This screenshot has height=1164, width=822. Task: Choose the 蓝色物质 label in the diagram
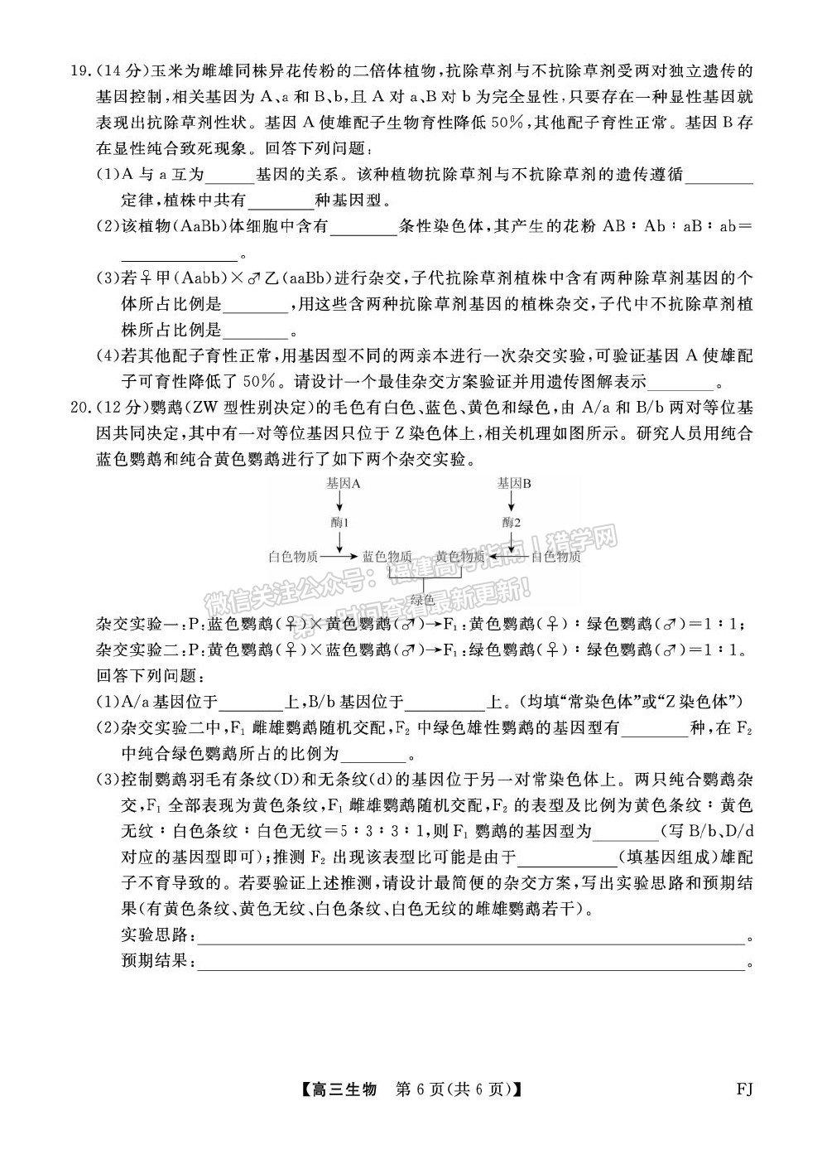pyautogui.click(x=387, y=557)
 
